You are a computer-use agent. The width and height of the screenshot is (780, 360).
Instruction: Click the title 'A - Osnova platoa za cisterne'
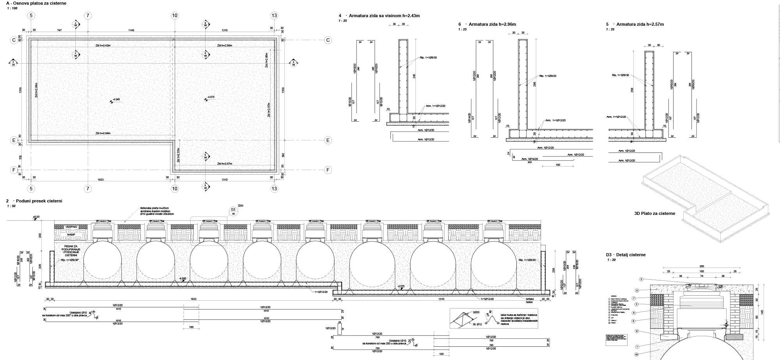click(x=36, y=3)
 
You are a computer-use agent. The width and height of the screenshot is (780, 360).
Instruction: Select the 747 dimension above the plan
click(x=59, y=30)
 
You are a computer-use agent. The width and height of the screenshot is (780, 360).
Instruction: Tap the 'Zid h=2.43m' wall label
click(x=103, y=46)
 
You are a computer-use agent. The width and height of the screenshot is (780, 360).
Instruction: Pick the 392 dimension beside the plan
click(x=283, y=154)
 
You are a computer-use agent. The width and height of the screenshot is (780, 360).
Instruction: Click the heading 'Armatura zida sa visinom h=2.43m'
click(x=382, y=16)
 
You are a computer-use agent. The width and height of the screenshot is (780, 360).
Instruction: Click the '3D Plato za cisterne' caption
click(x=654, y=213)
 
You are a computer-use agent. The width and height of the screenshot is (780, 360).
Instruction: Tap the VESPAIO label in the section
click(x=71, y=227)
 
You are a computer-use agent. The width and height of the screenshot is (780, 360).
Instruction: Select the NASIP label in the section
click(x=71, y=234)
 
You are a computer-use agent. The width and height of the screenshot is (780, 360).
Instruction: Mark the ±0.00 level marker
click(x=36, y=217)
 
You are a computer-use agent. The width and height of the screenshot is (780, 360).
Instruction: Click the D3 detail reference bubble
click(x=234, y=211)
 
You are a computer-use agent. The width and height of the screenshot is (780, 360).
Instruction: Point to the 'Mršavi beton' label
click(x=529, y=300)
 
